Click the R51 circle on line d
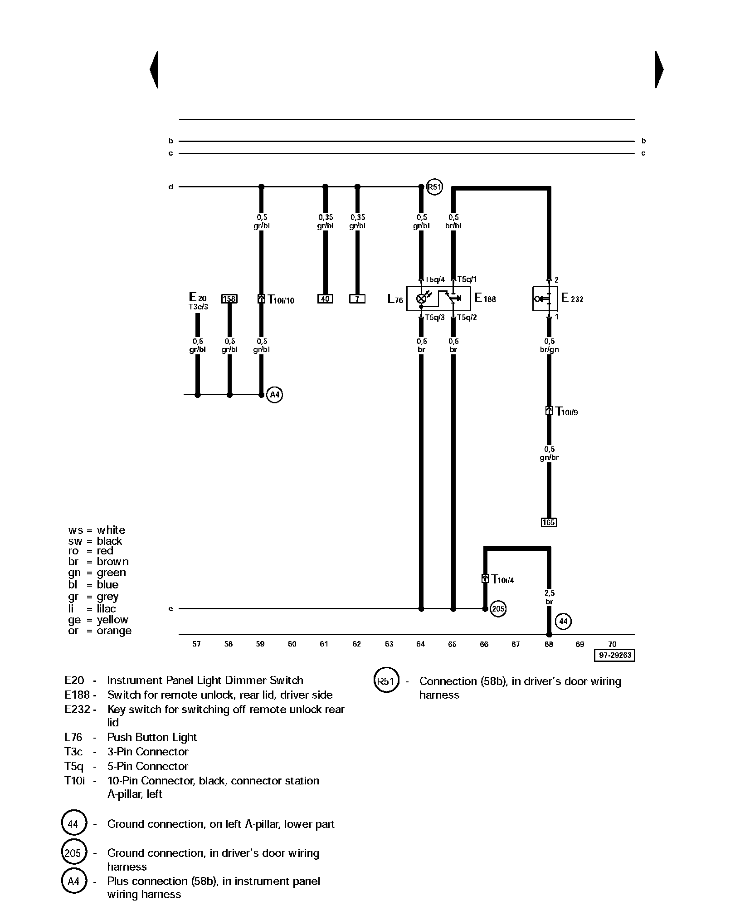tap(434, 187)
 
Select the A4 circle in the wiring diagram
tap(275, 395)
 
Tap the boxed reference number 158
tap(229, 299)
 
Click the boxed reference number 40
tap(325, 299)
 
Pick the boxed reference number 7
tap(357, 299)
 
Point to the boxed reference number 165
tap(549, 522)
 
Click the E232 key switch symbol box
tap(545, 299)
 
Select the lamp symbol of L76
tap(421, 299)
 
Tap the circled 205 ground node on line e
tap(498, 609)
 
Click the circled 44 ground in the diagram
tap(563, 621)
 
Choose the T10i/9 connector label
tap(566, 411)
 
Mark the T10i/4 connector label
tap(502, 579)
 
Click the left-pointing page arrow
tap(154, 69)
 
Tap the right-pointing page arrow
tap(659, 69)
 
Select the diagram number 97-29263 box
tap(614, 656)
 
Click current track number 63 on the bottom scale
tap(389, 644)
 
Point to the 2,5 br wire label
tap(550, 597)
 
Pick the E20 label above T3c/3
tap(198, 298)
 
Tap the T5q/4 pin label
tap(435, 279)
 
